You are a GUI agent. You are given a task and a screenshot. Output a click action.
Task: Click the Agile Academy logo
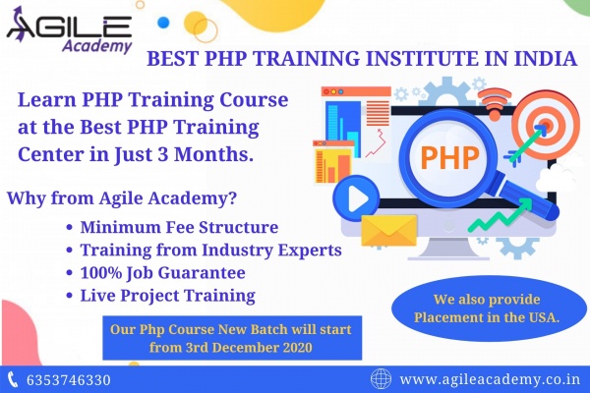[70, 30]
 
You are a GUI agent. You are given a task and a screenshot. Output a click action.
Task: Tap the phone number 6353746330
[69, 380]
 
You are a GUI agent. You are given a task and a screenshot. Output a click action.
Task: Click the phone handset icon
[13, 379]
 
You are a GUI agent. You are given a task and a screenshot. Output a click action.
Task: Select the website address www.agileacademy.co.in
[490, 379]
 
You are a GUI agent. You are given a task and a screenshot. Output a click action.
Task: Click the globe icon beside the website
[381, 378]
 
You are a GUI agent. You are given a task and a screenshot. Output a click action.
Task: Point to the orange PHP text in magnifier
[449, 156]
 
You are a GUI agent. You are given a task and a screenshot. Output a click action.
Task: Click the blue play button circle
[356, 197]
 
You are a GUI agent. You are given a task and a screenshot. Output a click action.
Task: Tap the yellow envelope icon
[389, 230]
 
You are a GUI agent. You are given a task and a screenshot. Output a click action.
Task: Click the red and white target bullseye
[547, 124]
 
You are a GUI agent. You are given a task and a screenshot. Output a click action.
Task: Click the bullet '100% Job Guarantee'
[162, 273]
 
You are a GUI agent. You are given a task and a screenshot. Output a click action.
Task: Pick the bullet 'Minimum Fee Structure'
[179, 227]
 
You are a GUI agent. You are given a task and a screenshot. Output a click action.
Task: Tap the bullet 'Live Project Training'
[168, 296]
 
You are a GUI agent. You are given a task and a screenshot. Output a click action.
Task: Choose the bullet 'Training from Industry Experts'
[210, 251]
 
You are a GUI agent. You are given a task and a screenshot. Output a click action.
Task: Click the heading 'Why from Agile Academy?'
[122, 197]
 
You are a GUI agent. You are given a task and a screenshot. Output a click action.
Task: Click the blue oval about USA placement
[489, 309]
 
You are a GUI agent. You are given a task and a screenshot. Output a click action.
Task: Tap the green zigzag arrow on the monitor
[501, 215]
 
